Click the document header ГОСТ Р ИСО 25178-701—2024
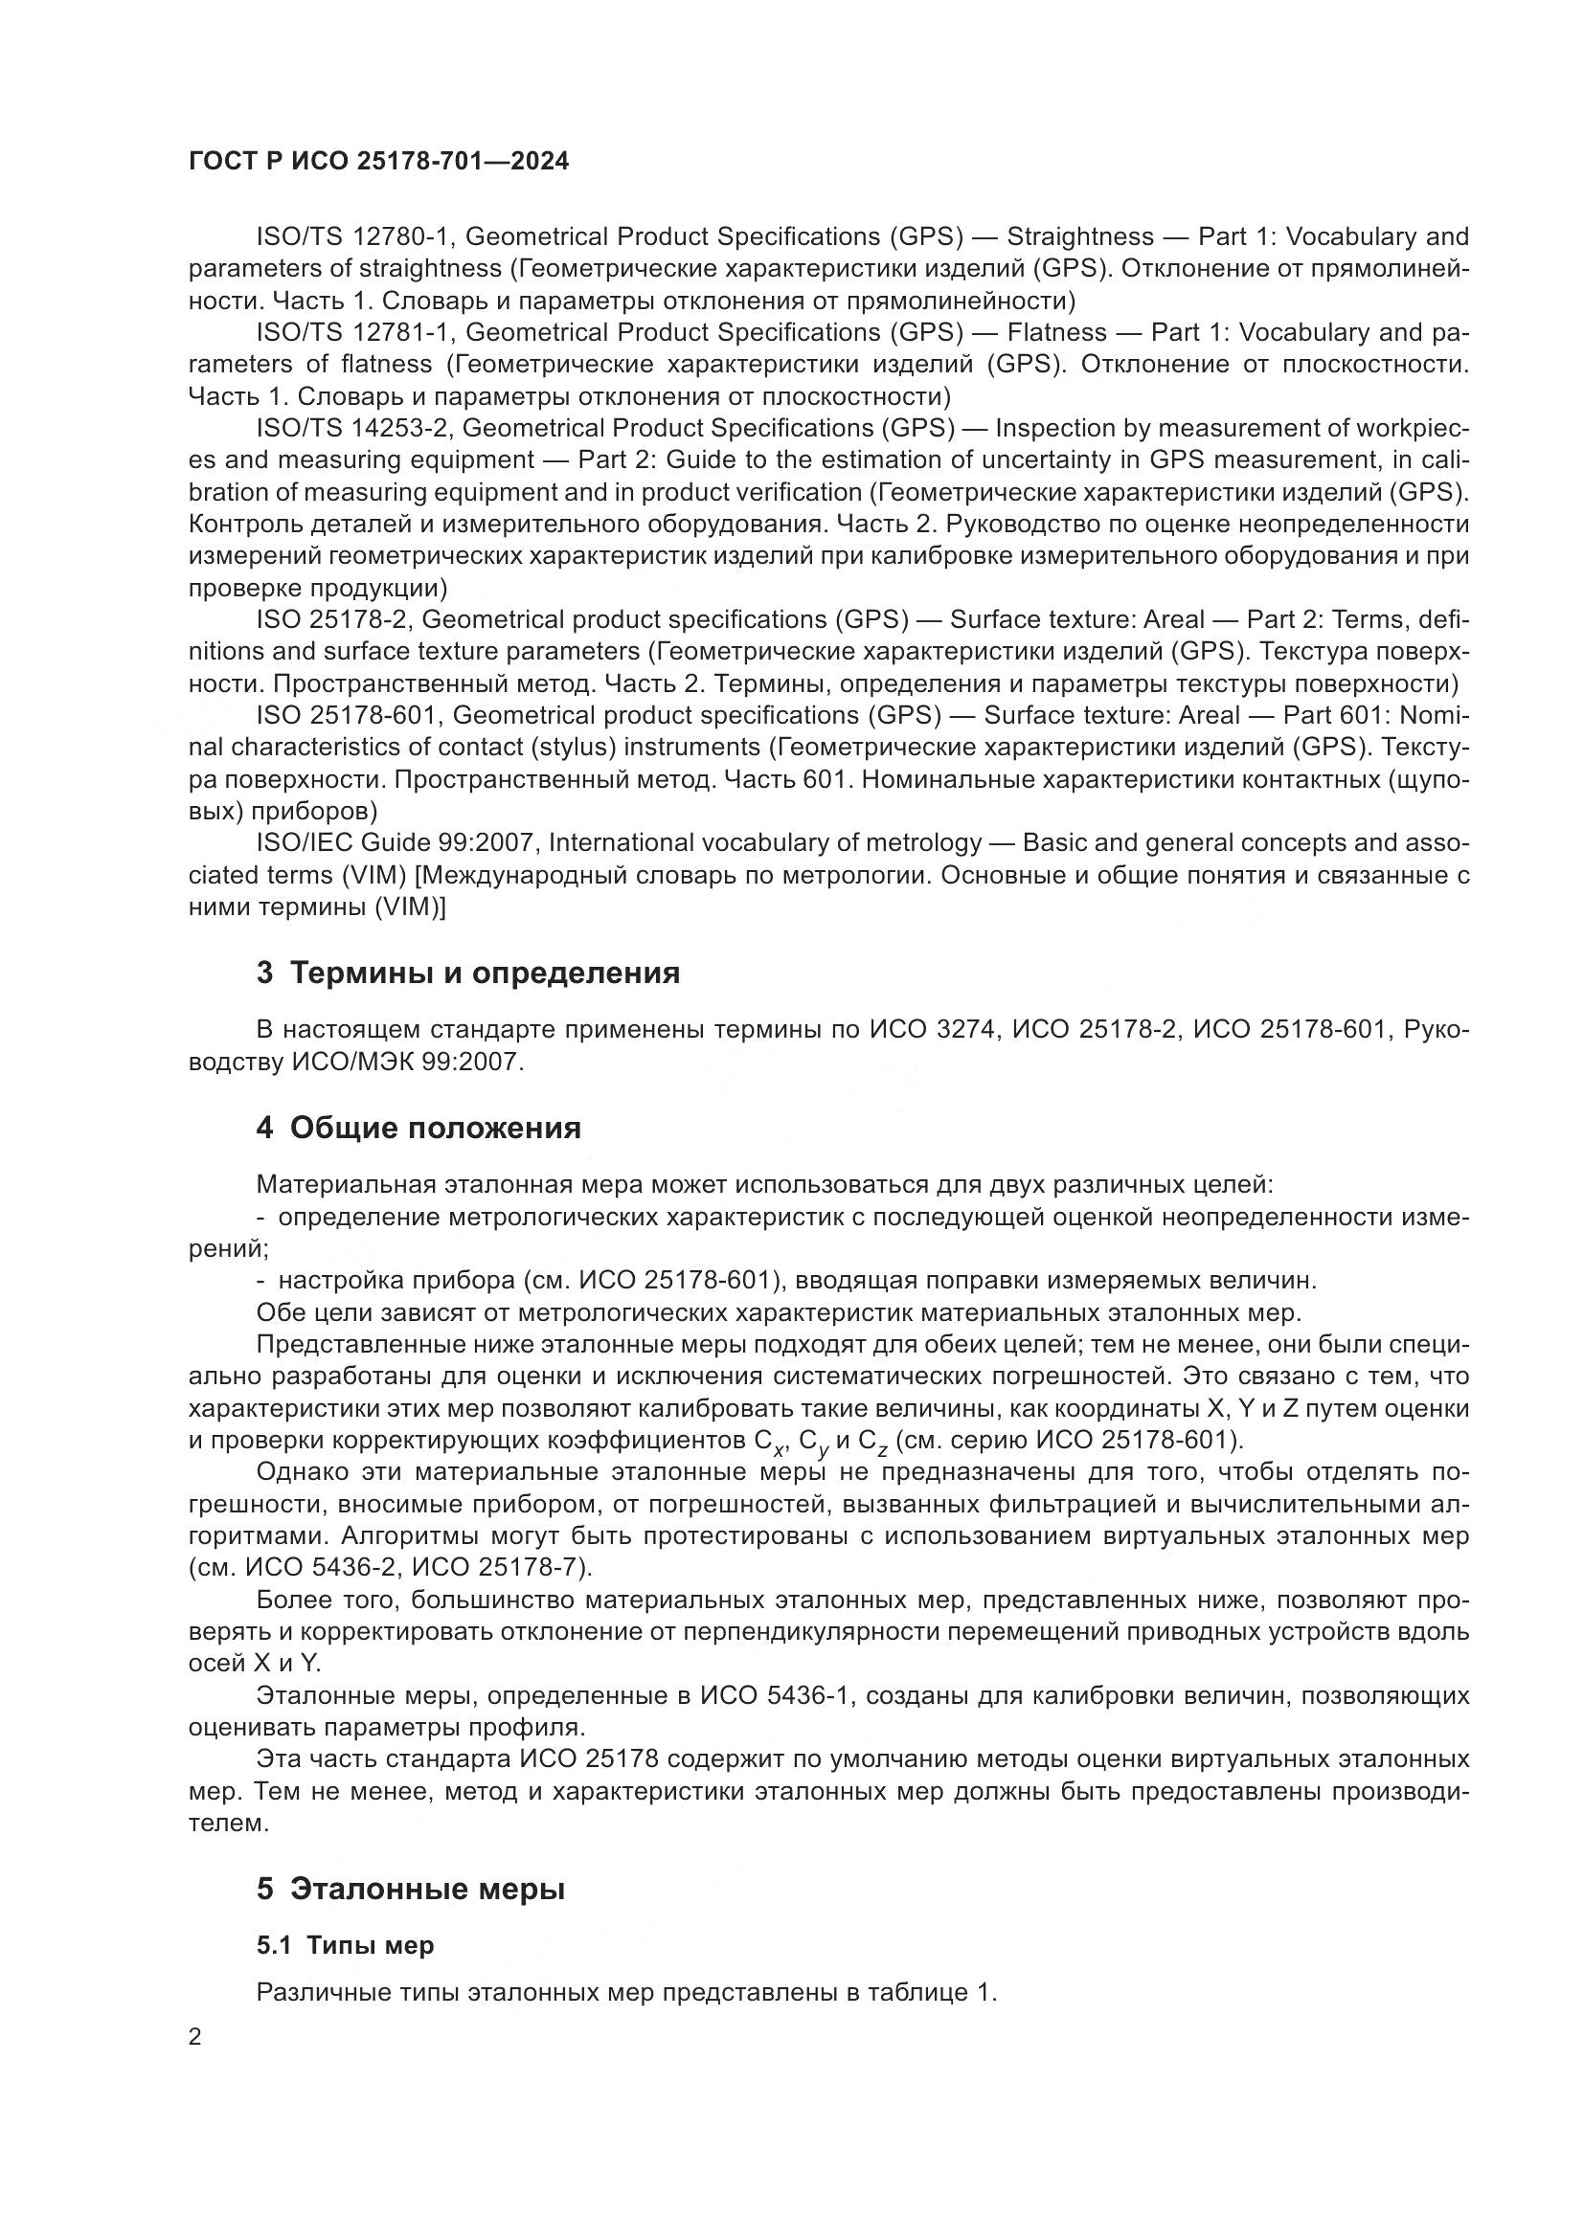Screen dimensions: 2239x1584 pyautogui.click(x=378, y=162)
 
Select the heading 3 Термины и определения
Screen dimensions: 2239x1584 pyautogui.click(x=468, y=974)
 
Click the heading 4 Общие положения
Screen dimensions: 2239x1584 pyautogui.click(x=419, y=1129)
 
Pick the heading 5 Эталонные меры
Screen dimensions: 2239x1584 pyautogui.click(x=411, y=1889)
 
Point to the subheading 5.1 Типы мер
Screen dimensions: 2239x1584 pyautogui.click(x=346, y=1945)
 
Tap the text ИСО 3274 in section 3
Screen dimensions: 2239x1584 pyautogui.click(x=933, y=1029)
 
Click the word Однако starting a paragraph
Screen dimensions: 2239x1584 pyautogui.click(x=298, y=1471)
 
